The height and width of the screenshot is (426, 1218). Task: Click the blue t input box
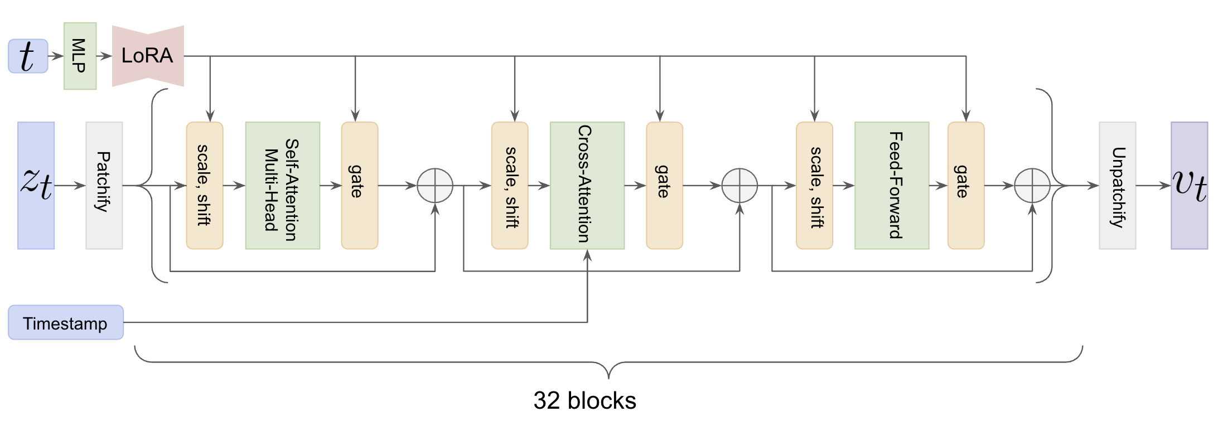[28, 56]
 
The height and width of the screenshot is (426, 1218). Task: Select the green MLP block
[80, 56]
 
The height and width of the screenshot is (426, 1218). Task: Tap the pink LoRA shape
[148, 56]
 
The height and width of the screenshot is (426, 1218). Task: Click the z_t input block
[36, 185]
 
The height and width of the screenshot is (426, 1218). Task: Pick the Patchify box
[104, 185]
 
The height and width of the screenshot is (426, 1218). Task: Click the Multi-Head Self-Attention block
[282, 185]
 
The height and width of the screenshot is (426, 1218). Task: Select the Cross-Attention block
[587, 185]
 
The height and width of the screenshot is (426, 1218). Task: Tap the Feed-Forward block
[891, 185]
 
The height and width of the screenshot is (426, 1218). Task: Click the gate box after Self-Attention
[359, 185]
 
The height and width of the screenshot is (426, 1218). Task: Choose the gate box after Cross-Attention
[664, 185]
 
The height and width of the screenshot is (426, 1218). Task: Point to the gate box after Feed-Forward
[965, 185]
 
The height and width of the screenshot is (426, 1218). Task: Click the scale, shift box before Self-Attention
[205, 185]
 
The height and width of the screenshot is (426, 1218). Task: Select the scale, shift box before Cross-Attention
[509, 185]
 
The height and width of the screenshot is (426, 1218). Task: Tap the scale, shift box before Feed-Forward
[814, 185]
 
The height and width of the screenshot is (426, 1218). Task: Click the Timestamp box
[66, 322]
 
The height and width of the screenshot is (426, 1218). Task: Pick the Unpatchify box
[1117, 185]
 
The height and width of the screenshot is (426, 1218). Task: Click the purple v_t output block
[1189, 185]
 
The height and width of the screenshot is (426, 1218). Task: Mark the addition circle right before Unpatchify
[1032, 186]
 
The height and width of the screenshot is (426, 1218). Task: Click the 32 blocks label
[584, 400]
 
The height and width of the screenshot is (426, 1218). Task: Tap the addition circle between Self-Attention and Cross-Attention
[435, 186]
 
